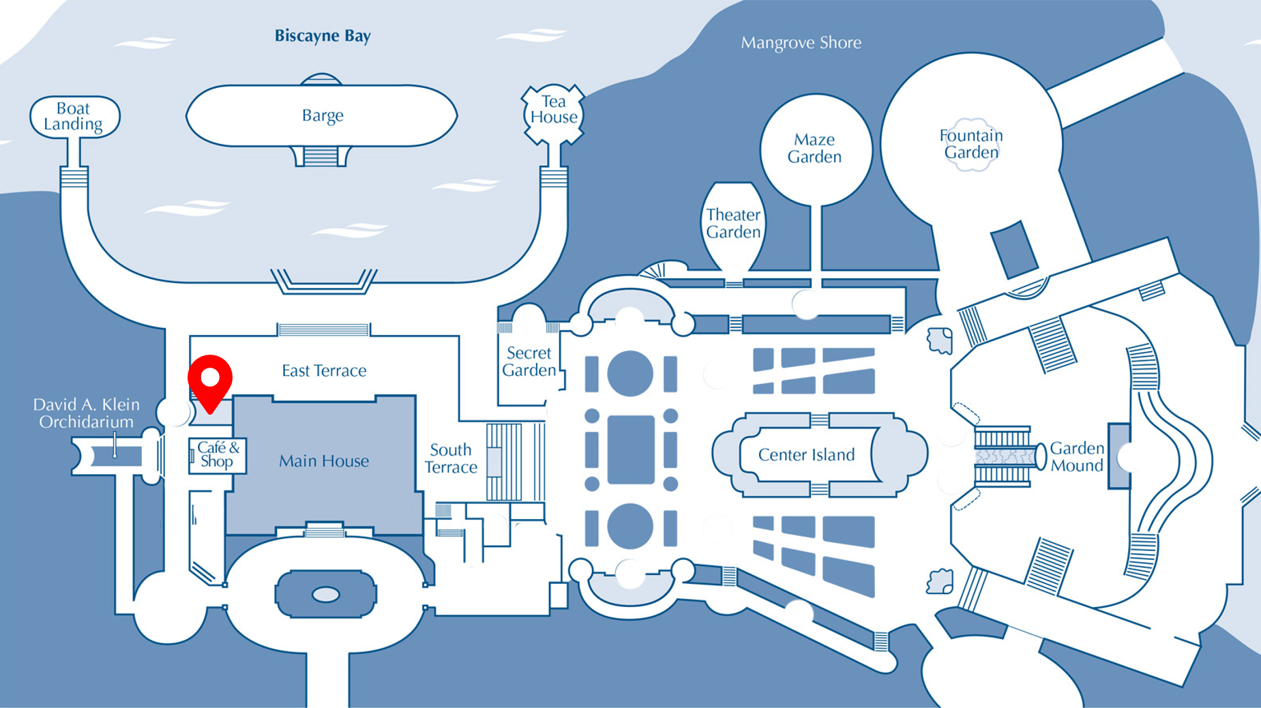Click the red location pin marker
pos(210,379)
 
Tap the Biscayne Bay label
pos(323,36)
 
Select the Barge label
pos(323,115)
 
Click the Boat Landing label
pos(73,117)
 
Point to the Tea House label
pos(554,110)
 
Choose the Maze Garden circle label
pos(814,148)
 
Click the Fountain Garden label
pos(971,144)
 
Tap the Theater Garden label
pos(733,223)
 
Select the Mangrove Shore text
pos(801,43)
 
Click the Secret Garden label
pos(529,362)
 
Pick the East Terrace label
pos(324,371)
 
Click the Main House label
pos(324,461)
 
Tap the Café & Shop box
pos(218,455)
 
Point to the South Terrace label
pos(451,458)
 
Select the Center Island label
pos(806,455)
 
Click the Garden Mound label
pos(1076,457)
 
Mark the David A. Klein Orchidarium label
pos(86,413)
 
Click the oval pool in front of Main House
pos(326,595)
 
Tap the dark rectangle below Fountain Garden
pos(1014,250)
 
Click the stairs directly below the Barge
pos(321,157)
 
